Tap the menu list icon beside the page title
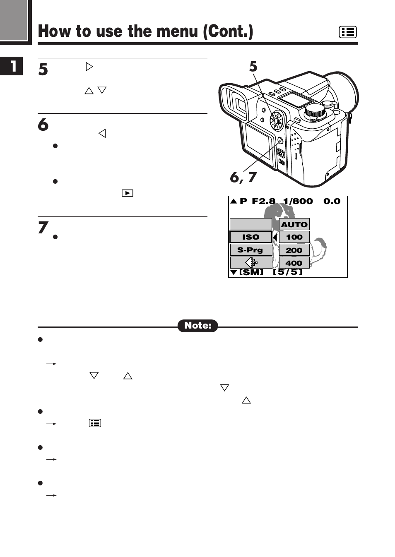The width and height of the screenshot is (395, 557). pyautogui.click(x=347, y=32)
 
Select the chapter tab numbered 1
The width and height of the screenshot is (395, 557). pyautogui.click(x=12, y=66)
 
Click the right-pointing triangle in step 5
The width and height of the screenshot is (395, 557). pyautogui.click(x=89, y=67)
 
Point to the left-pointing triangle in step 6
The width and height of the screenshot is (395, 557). pyautogui.click(x=102, y=133)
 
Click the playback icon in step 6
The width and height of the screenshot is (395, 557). pyautogui.click(x=127, y=193)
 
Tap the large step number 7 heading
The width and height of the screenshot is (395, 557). pyautogui.click(x=43, y=228)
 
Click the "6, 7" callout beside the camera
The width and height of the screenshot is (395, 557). pyautogui.click(x=243, y=177)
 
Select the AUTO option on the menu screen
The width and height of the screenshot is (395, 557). pyautogui.click(x=294, y=224)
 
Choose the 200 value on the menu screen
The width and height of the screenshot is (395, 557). pyautogui.click(x=294, y=250)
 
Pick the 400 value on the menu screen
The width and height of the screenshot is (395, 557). pyautogui.click(x=294, y=263)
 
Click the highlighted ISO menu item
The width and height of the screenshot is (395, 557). pyautogui.click(x=251, y=237)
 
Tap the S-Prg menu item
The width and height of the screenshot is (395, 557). pyautogui.click(x=251, y=250)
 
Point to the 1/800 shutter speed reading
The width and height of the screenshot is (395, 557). pyautogui.click(x=298, y=202)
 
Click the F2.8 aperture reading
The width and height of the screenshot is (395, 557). pyautogui.click(x=263, y=202)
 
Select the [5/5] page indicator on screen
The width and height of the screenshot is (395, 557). pyautogui.click(x=288, y=272)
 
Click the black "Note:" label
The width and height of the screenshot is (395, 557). pyautogui.click(x=198, y=326)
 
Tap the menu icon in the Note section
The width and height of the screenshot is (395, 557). pyautogui.click(x=95, y=423)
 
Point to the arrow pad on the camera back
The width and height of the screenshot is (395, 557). pyautogui.click(x=277, y=121)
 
